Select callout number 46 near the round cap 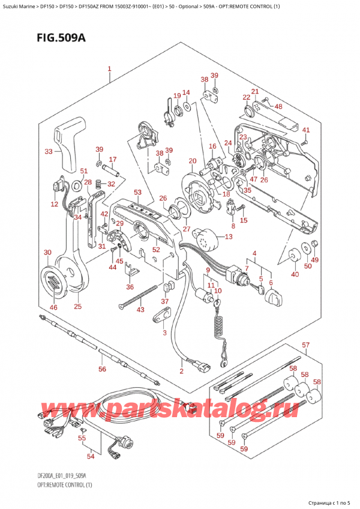[53, 307]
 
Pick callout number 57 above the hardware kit [305, 345]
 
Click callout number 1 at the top [110, 69]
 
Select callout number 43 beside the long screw [140, 310]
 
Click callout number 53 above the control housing [137, 192]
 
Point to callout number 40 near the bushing [294, 274]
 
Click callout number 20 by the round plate [192, 160]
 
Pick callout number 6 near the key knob [271, 283]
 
